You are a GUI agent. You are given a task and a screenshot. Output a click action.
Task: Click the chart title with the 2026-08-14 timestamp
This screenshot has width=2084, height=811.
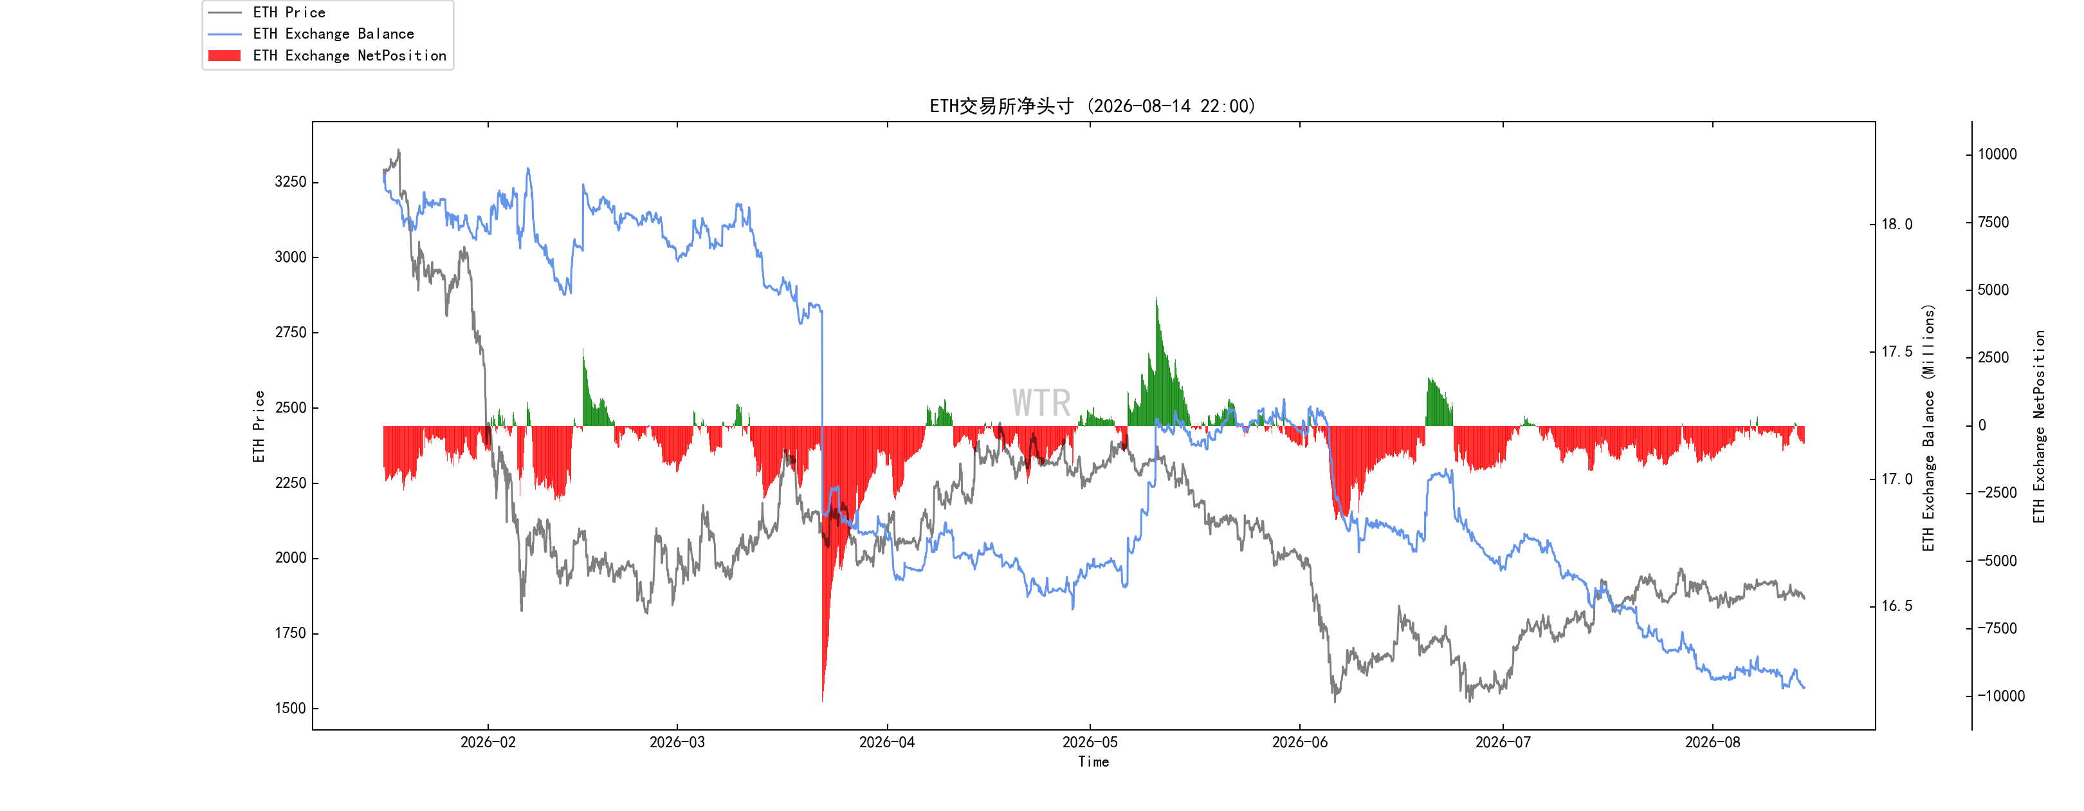(x=1092, y=106)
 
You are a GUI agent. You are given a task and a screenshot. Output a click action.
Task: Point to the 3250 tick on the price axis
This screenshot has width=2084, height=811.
(x=291, y=182)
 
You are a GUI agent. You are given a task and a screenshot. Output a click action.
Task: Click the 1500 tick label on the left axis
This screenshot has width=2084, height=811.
(x=291, y=708)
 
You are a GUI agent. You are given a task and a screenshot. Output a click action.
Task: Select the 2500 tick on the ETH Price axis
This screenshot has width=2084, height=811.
(x=291, y=407)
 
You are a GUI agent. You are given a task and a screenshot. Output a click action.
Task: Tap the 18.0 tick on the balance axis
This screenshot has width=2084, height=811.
(x=1897, y=224)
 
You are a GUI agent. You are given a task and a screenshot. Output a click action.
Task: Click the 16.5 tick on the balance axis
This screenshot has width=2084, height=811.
(x=1897, y=606)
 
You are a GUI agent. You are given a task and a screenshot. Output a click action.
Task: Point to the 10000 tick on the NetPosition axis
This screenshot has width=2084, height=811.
(x=1997, y=154)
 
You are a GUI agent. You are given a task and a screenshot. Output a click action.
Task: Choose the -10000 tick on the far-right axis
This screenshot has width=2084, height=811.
(x=2002, y=696)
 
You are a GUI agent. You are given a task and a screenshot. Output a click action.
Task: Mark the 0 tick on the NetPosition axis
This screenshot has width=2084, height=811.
(x=1982, y=425)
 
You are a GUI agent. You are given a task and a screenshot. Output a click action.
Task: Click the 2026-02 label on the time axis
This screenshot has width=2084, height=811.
(x=488, y=742)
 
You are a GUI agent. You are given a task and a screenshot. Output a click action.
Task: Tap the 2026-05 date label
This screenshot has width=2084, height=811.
(x=1090, y=742)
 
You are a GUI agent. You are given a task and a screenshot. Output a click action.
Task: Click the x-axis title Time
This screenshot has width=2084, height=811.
(x=1093, y=761)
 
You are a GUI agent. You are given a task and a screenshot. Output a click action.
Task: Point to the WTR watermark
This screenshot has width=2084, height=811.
(x=1041, y=403)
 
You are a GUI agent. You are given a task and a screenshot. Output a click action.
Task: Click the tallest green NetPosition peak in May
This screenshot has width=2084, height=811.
(x=1156, y=298)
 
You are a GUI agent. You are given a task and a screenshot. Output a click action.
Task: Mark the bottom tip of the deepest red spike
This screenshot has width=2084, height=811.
(x=823, y=702)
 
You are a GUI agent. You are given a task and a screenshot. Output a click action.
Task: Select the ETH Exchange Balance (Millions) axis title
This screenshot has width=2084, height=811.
(x=1929, y=427)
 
